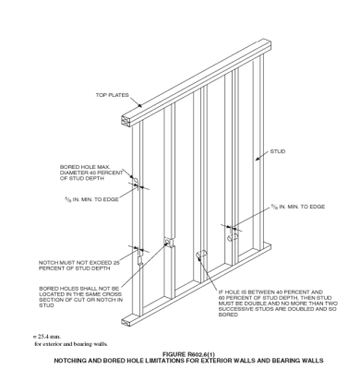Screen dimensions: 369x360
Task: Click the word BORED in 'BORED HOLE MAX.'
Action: point(70,168)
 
